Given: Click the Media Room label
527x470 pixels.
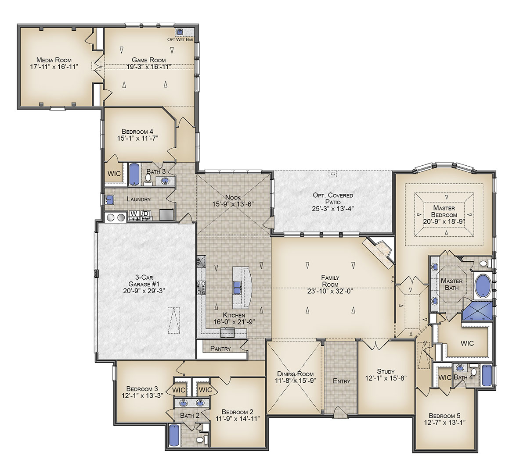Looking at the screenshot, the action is click(54, 60).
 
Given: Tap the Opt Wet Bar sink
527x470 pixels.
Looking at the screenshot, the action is click(180, 32).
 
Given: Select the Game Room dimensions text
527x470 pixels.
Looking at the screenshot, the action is click(148, 67).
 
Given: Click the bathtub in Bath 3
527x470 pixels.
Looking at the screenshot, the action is click(134, 174).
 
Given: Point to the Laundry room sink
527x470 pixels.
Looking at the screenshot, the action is click(110, 200).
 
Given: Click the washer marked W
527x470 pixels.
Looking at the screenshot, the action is click(134, 216).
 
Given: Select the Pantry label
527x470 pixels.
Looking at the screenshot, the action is click(220, 349).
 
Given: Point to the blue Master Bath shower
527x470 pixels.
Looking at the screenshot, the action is click(478, 311).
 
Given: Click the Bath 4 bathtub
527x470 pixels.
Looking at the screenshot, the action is click(487, 376).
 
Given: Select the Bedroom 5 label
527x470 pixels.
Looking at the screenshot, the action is click(445, 416).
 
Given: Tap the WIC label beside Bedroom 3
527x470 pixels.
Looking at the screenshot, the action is click(179, 390).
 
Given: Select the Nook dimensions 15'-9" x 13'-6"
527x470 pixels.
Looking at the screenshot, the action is click(233, 204).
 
